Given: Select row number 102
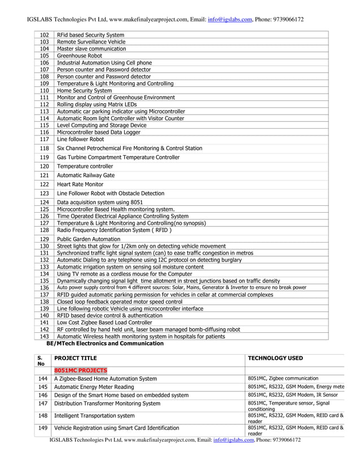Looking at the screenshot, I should coord(45,35).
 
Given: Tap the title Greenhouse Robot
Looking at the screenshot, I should coord(80,56).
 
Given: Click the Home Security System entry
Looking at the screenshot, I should coord(85,90).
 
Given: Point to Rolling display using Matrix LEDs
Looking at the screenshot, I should coord(97,104).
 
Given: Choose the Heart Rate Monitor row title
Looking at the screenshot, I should coord(80,184).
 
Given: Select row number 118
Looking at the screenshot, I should coord(45,148).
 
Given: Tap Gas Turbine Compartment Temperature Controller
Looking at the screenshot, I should coord(118,157).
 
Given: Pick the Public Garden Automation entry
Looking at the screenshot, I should coord(89,239).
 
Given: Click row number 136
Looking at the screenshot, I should coord(45,287).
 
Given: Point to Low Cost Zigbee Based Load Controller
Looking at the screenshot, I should coord(104,322).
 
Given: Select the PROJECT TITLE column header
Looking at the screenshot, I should coord(76,358).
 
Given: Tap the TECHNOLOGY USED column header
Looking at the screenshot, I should coord(275,358).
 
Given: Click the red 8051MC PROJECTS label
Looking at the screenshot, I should coord(80,370).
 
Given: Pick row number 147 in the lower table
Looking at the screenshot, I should coord(43,403).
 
